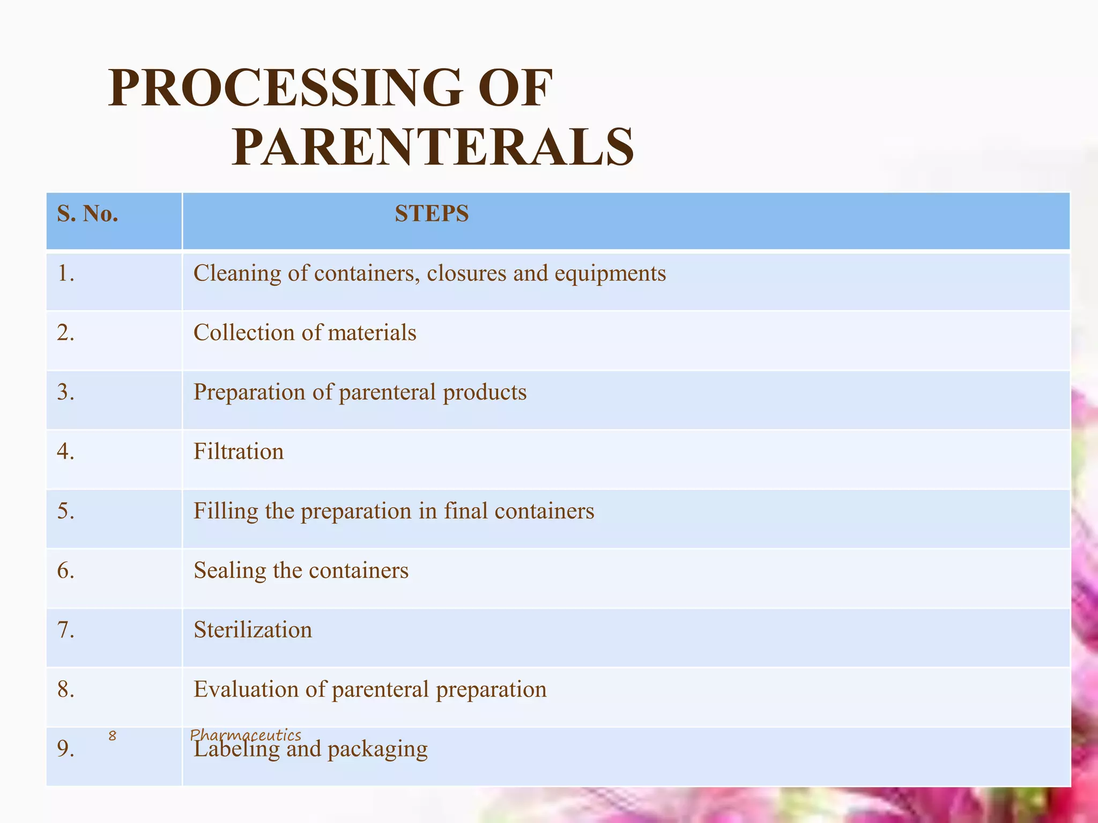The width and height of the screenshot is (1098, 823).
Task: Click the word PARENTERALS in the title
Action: (x=433, y=147)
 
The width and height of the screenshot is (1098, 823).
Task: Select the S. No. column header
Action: (x=87, y=214)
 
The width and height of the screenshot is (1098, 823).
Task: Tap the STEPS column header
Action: (x=432, y=214)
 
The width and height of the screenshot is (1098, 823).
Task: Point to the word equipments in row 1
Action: (x=610, y=274)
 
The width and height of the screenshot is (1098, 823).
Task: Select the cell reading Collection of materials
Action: (x=305, y=333)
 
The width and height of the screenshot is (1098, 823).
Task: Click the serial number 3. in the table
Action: (x=65, y=392)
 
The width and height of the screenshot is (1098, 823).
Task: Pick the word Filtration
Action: (x=239, y=452)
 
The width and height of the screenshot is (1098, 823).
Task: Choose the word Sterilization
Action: (x=253, y=630)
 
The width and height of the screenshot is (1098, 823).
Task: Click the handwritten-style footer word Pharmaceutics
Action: (x=246, y=735)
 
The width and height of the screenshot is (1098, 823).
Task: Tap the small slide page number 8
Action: (x=112, y=736)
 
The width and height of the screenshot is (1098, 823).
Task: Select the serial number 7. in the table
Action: (x=65, y=630)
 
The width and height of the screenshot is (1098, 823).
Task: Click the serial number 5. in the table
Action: (x=65, y=511)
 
